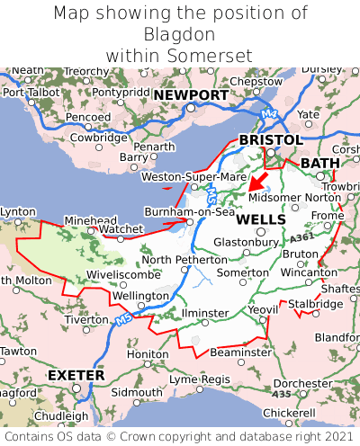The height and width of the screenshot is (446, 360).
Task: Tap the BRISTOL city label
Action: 270,140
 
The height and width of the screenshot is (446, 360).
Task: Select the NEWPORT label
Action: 191,95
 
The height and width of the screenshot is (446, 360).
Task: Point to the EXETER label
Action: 76,374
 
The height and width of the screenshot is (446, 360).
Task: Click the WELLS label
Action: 261,219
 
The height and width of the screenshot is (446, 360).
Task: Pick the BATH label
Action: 320,163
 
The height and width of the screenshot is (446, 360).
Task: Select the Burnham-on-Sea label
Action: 190,212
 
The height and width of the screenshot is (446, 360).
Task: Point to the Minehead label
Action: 90,220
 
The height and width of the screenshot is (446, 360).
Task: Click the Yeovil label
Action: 263,309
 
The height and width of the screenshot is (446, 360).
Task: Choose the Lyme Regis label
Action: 200,379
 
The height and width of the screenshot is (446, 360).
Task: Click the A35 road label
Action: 282,394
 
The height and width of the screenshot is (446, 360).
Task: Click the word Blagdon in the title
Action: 180,34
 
